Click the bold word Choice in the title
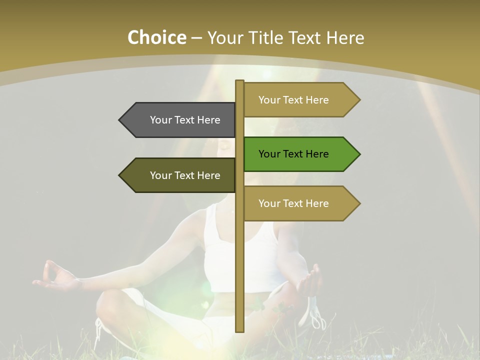coord(156,37)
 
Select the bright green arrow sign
coord(298,154)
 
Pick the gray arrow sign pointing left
coord(180,120)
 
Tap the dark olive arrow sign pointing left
coord(180,175)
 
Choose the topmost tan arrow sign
coord(298,100)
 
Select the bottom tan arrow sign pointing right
coord(298,203)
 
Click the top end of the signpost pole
coord(239,82)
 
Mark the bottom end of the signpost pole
coord(239,330)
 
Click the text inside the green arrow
coord(293,154)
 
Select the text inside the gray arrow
coord(185,120)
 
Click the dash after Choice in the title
coord(196,38)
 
